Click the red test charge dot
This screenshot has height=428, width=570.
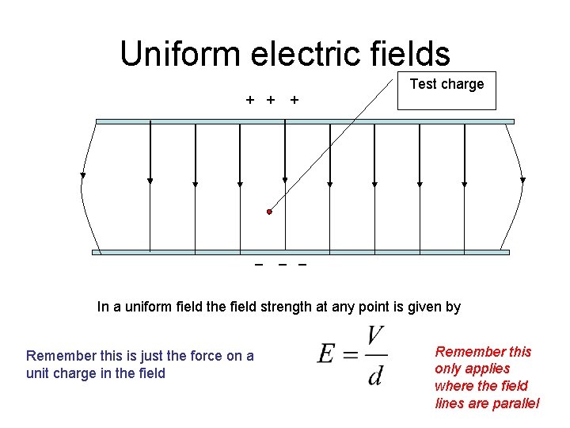269,212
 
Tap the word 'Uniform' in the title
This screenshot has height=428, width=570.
178,54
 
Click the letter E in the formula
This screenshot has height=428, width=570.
327,353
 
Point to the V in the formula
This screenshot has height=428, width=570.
376,337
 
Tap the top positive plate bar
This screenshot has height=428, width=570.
305,121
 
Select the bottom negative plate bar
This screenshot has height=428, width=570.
301,252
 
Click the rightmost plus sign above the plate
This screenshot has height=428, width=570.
294,100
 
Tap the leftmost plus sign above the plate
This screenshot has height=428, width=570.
250,100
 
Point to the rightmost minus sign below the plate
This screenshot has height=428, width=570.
302,264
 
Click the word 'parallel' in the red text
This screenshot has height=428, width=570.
515,403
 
